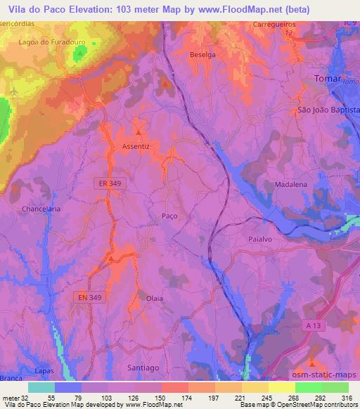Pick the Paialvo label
click(261, 239)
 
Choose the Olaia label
click(154, 298)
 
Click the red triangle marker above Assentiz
click(139, 131)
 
